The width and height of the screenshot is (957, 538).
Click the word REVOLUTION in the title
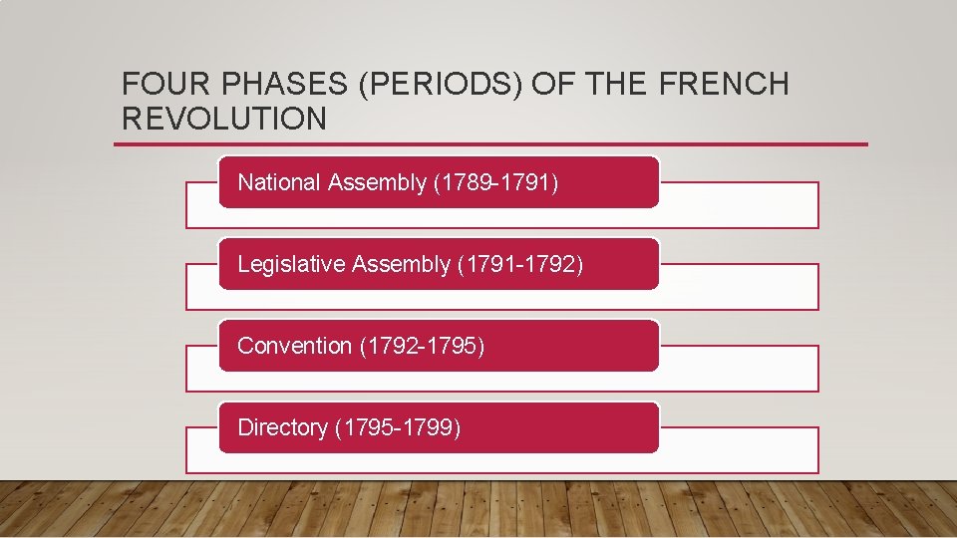223,119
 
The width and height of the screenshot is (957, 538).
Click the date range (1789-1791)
497,182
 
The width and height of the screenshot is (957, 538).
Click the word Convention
294,346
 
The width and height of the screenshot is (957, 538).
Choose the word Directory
282,427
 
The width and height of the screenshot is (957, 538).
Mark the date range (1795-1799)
398,427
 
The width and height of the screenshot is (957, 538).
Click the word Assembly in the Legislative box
399,264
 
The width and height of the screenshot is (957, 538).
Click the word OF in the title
548,85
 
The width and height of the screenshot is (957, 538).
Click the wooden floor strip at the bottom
478,510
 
